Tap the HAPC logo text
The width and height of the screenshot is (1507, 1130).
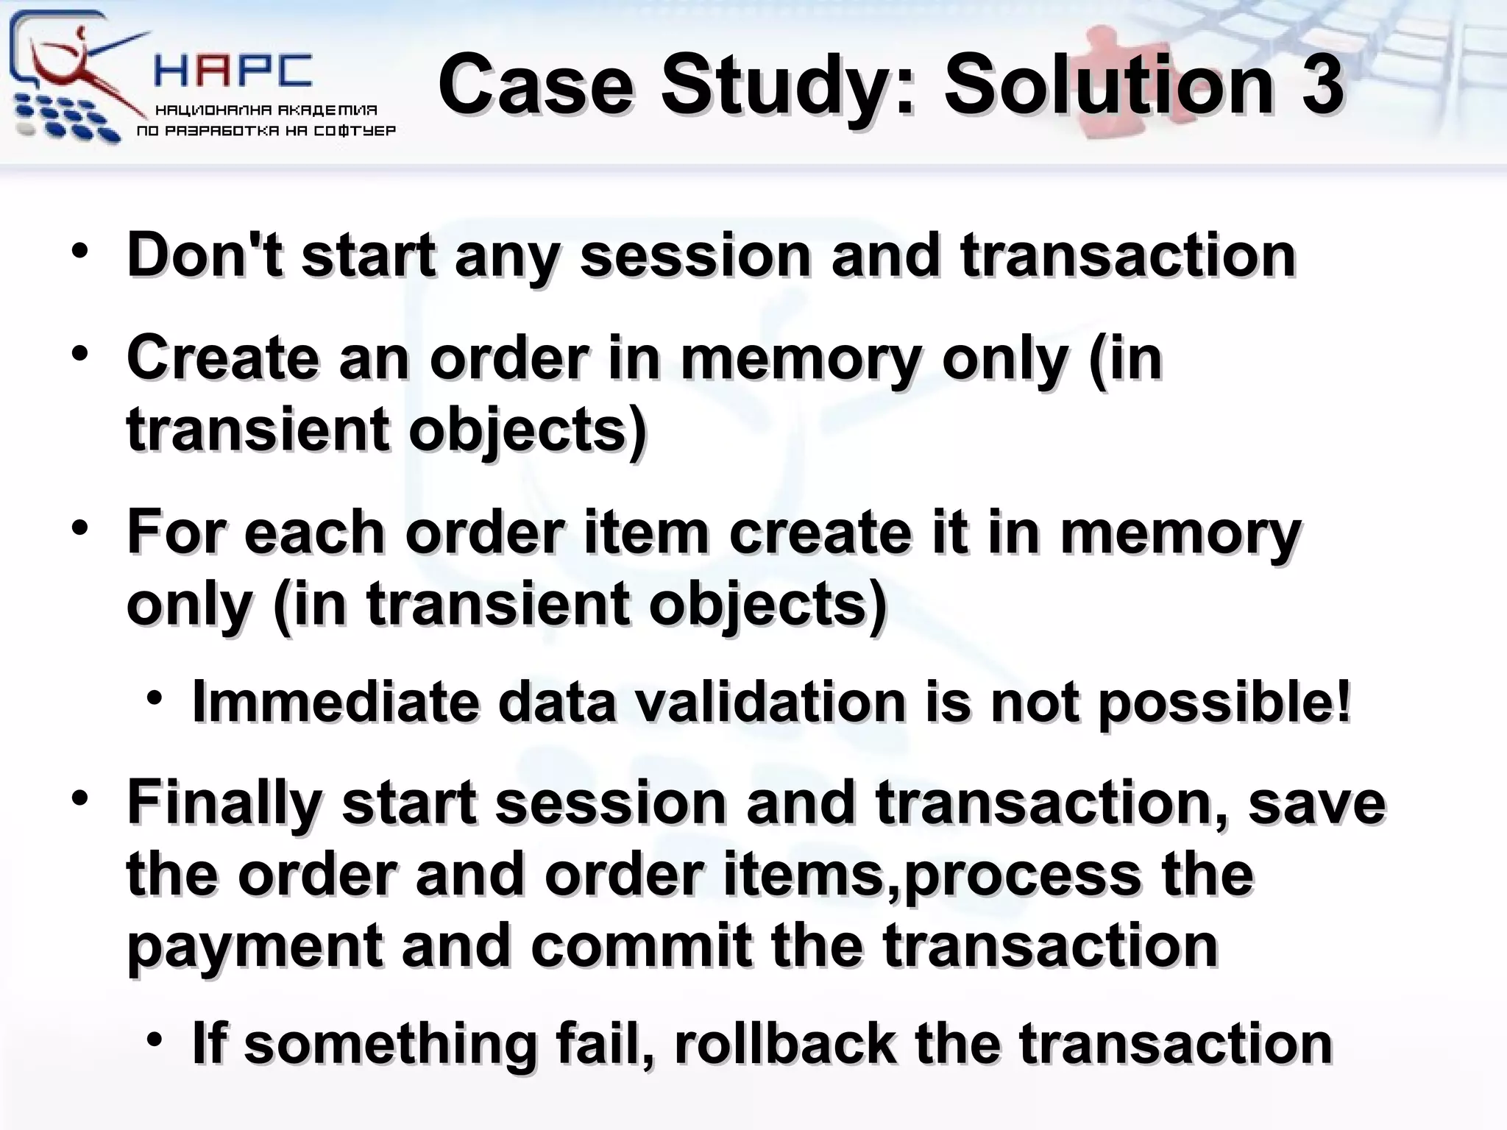234,71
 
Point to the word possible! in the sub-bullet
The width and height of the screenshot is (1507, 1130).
1224,703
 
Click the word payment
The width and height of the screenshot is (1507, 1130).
255,947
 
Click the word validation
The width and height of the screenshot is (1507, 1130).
770,702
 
